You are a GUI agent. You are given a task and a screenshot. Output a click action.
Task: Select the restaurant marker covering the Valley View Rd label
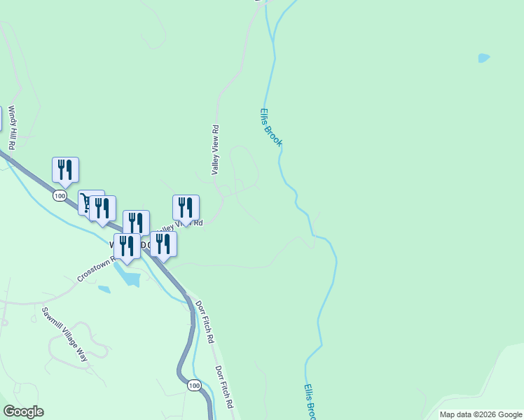[x=186, y=208]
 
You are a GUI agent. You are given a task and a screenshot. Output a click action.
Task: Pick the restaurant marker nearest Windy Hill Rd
[x=65, y=169]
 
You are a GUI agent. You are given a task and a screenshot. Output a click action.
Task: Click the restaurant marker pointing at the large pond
[x=127, y=247]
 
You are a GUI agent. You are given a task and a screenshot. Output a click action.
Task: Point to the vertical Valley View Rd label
[x=216, y=150]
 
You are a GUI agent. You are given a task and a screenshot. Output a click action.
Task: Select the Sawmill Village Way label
[x=65, y=334]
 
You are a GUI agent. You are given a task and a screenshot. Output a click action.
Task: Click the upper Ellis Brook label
[x=270, y=127]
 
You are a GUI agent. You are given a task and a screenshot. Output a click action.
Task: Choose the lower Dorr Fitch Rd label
[x=225, y=386]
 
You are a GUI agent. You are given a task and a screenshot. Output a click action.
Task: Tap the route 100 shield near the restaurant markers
[x=60, y=196]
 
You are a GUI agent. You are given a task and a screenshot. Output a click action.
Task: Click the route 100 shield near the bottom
[x=194, y=385]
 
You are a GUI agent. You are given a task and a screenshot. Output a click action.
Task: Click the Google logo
[x=23, y=412]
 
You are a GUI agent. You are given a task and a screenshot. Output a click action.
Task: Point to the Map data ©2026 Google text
[x=480, y=414]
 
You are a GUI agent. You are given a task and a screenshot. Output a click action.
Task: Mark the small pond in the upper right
[x=483, y=58]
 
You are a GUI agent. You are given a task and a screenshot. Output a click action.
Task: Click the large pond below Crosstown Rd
[x=130, y=277]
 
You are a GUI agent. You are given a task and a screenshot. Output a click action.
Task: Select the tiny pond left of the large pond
[x=104, y=288]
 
